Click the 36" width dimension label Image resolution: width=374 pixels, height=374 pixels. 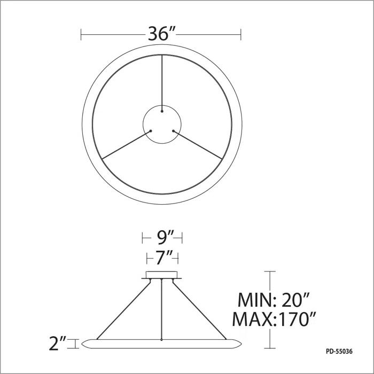161,35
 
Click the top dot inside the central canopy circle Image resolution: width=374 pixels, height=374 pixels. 161,112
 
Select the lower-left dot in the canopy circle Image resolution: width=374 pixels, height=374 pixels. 151,130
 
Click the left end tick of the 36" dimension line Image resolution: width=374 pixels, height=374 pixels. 81,35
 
